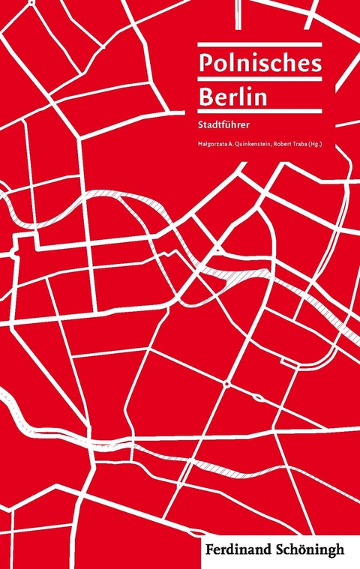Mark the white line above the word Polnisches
click(259, 45)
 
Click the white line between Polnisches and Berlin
click(259, 81)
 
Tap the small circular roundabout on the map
click(226, 385)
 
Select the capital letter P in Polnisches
click(205, 64)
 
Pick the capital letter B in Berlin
click(205, 98)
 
